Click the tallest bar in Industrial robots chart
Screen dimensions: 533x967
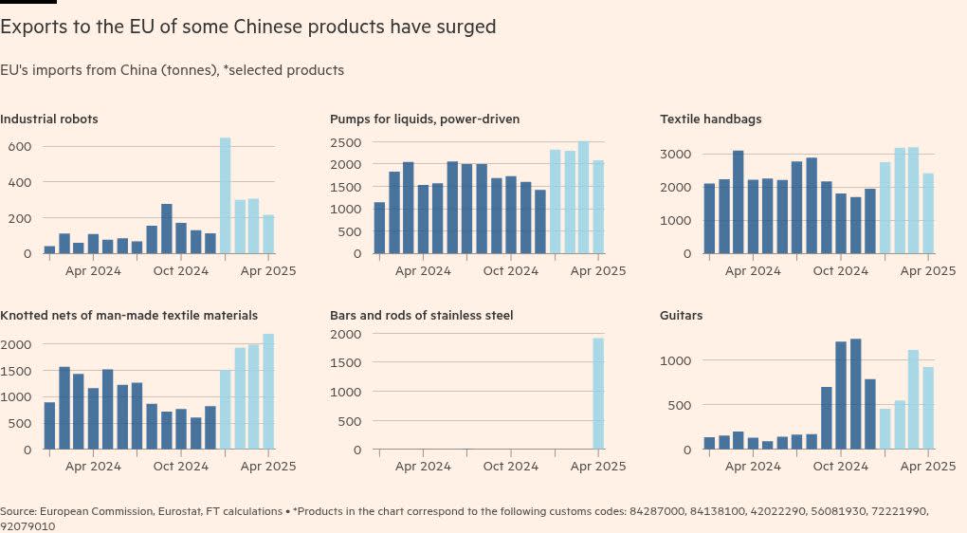click(226, 195)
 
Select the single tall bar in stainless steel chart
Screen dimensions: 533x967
click(598, 394)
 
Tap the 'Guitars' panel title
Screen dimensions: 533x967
click(681, 315)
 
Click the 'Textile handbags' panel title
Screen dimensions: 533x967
click(710, 119)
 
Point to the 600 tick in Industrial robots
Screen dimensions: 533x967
click(20, 147)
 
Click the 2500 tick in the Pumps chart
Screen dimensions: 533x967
click(345, 142)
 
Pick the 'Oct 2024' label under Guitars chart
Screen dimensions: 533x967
click(840, 466)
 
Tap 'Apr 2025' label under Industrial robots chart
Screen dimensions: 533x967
click(268, 270)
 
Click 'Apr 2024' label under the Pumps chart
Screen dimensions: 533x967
click(423, 270)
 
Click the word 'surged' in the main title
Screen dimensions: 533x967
click(465, 27)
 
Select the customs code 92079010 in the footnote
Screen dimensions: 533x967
click(27, 525)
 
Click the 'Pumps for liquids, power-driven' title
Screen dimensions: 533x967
click(425, 119)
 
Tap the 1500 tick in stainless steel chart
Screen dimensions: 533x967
click(345, 363)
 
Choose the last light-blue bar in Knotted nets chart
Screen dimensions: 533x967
click(268, 391)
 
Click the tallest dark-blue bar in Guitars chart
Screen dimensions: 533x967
click(855, 394)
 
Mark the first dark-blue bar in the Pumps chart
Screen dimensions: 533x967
click(379, 228)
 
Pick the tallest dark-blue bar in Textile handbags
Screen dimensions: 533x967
click(738, 202)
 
